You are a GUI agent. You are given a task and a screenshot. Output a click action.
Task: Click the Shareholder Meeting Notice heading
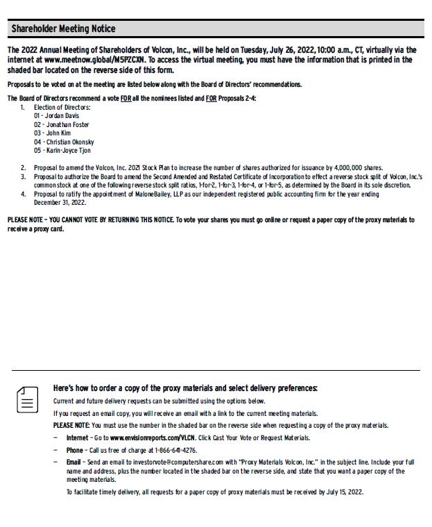[63, 28]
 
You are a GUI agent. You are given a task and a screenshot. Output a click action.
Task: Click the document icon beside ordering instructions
[27, 400]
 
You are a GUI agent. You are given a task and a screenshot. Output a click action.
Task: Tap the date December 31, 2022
[60, 203]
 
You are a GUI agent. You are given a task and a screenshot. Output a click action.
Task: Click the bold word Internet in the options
[77, 438]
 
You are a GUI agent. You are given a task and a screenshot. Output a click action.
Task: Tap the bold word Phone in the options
[75, 450]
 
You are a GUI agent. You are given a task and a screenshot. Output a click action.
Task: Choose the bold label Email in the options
[74, 462]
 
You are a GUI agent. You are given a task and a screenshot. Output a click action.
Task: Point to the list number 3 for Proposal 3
[22, 177]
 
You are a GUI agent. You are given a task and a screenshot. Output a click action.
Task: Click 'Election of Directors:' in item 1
[62, 108]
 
